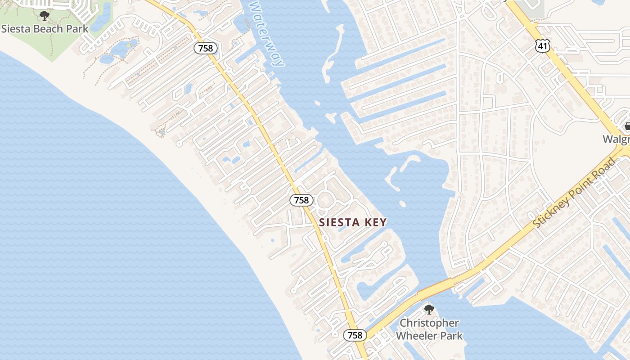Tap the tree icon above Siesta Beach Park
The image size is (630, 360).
coord(44,16)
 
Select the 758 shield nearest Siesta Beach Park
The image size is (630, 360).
coord(206,48)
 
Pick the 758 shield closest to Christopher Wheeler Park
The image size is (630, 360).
coord(355,335)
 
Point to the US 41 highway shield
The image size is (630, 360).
coord(542,45)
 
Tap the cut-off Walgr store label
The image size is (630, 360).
coord(616,139)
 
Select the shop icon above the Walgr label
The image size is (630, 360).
coord(627,126)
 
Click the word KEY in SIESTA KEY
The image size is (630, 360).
coord(375,222)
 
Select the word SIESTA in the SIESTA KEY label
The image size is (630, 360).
coord(340,222)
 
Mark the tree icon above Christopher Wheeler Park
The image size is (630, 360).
coord(429,310)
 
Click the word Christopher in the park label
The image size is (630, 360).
coord(429,323)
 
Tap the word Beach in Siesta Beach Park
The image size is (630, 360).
coord(51,29)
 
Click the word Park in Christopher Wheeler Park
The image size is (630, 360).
coord(450,336)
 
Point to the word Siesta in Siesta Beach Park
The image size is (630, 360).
coord(17,29)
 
